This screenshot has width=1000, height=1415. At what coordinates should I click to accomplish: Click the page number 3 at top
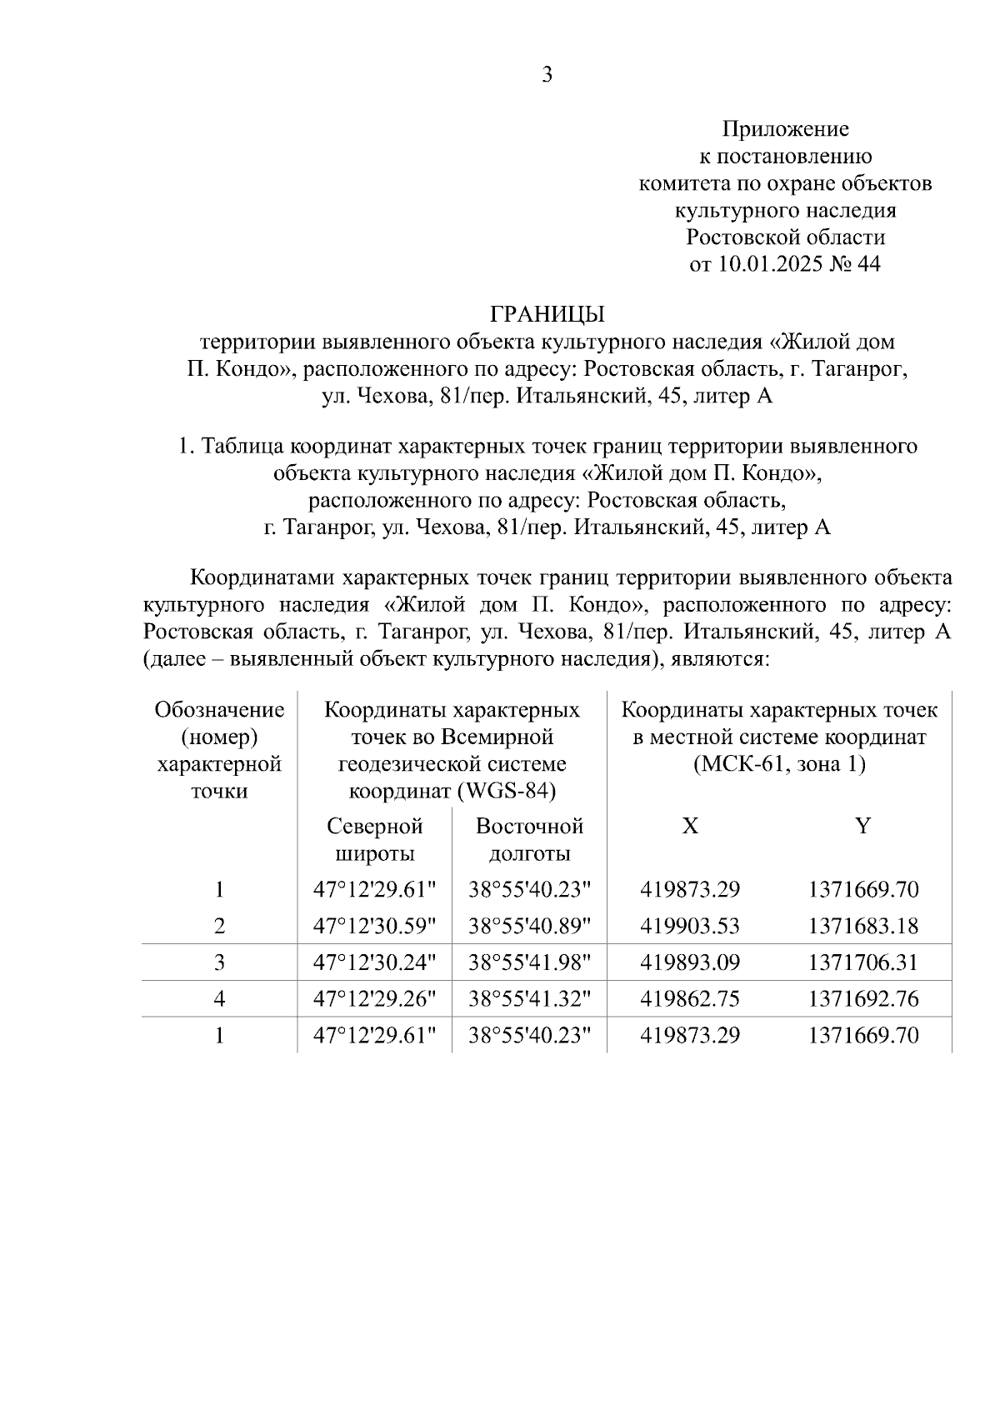pyautogui.click(x=547, y=76)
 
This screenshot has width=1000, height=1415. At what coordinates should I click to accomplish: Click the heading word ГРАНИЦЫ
pyautogui.click(x=547, y=314)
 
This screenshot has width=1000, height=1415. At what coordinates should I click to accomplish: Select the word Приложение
pyautogui.click(x=785, y=129)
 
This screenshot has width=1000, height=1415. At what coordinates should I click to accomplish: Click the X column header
pyautogui.click(x=690, y=826)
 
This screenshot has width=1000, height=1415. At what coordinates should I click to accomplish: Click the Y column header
pyautogui.click(x=863, y=826)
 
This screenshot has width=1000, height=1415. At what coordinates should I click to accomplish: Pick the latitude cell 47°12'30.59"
pyautogui.click(x=374, y=927)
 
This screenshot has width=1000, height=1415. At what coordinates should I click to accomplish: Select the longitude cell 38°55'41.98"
pyautogui.click(x=529, y=963)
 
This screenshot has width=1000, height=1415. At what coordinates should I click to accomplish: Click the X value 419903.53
pyautogui.click(x=690, y=927)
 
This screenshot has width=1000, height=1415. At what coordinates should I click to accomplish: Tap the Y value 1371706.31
pyautogui.click(x=863, y=963)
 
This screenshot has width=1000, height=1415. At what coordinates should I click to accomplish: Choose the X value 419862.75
pyautogui.click(x=690, y=999)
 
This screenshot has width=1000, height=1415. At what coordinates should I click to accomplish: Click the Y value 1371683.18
pyautogui.click(x=863, y=927)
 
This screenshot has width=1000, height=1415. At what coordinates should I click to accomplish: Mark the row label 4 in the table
pyautogui.click(x=219, y=999)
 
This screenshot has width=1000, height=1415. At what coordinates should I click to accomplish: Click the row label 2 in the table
pyautogui.click(x=219, y=927)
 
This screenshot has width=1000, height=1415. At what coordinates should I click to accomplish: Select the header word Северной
pyautogui.click(x=375, y=827)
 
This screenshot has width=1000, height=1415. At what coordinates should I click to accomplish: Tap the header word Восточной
pyautogui.click(x=529, y=827)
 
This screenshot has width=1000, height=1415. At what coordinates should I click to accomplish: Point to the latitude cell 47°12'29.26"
pyautogui.click(x=374, y=999)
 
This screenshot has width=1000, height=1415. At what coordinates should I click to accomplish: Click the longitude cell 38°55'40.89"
pyautogui.click(x=529, y=927)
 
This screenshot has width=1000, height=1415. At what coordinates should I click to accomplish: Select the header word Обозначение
pyautogui.click(x=219, y=711)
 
